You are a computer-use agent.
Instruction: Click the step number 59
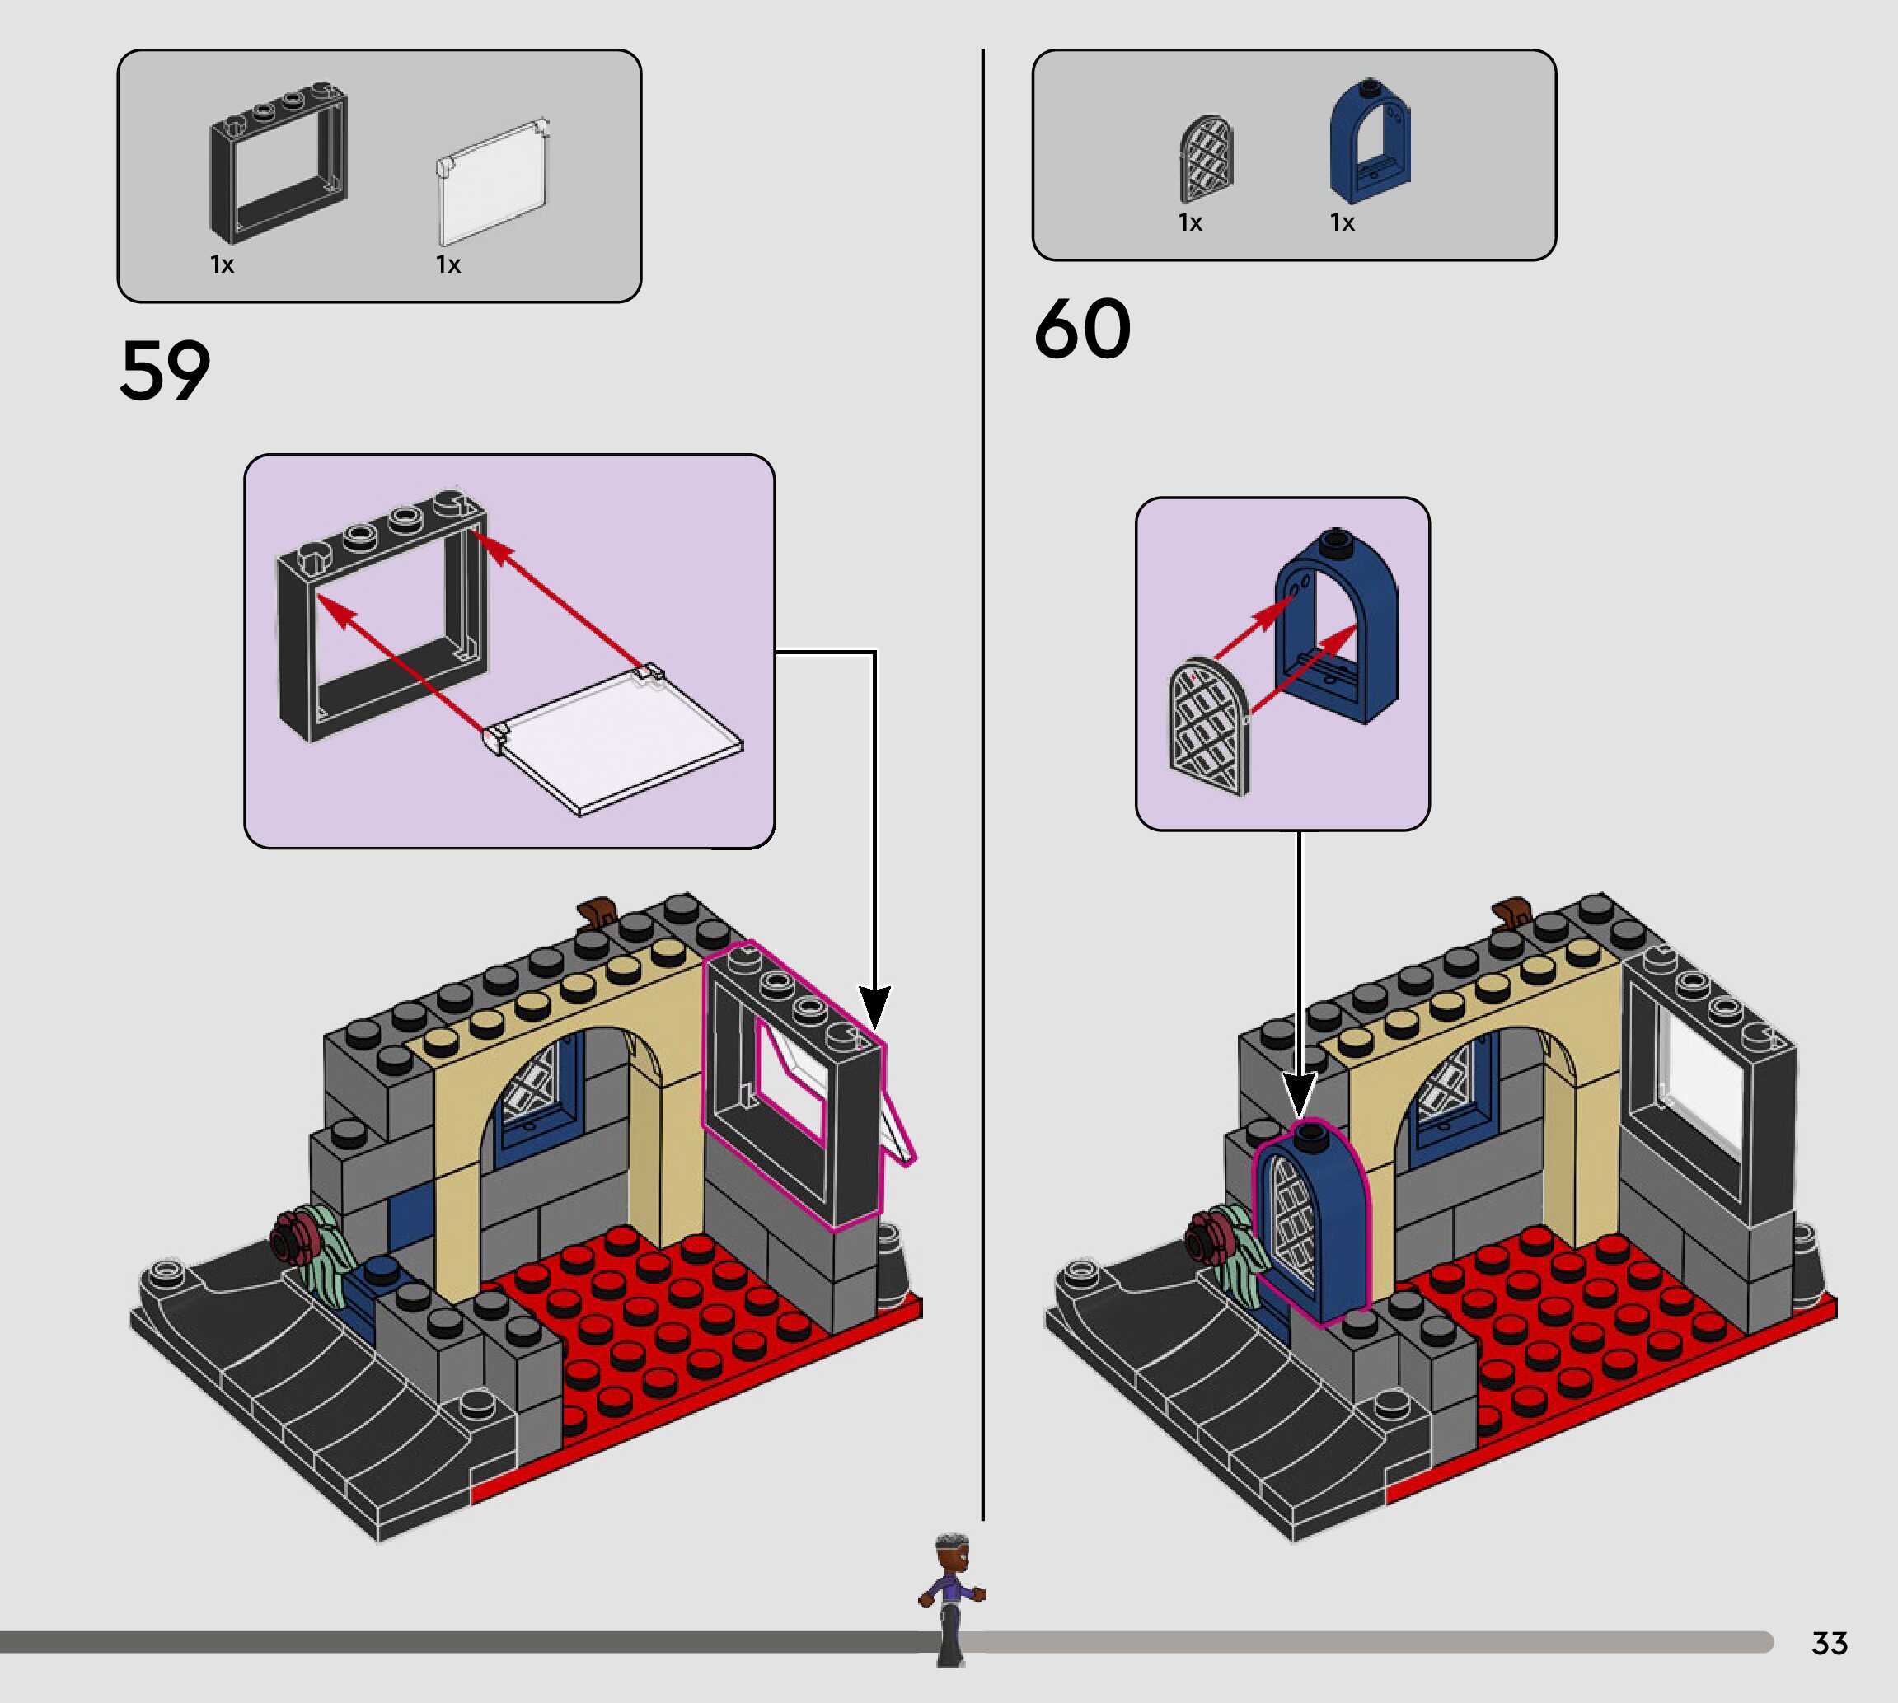tap(165, 372)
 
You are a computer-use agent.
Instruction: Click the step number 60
tap(1082, 330)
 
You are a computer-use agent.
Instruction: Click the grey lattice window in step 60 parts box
tap(1206, 159)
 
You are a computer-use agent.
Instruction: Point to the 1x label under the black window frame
tap(222, 264)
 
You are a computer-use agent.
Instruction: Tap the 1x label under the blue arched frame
tap(1342, 222)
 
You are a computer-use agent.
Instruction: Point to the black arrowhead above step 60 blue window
tap(1299, 1095)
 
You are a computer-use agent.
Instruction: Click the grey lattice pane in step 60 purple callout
tap(1209, 728)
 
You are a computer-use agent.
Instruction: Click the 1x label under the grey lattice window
tap(1190, 222)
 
